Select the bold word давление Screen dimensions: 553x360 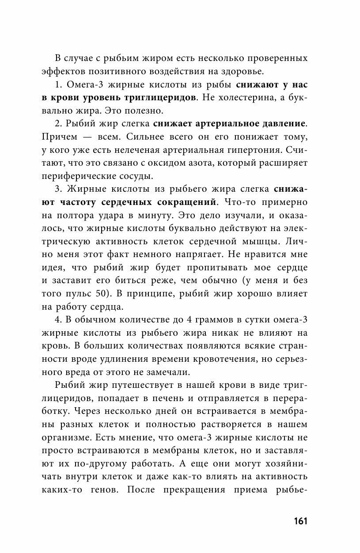coord(279,122)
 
